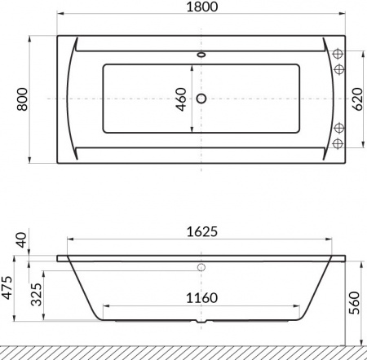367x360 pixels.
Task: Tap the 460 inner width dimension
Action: (181, 99)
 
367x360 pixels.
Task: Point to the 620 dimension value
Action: (356, 99)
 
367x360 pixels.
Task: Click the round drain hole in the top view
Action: (201, 99)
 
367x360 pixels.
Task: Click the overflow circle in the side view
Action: (201, 267)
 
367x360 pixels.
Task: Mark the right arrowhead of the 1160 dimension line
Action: (294, 308)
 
